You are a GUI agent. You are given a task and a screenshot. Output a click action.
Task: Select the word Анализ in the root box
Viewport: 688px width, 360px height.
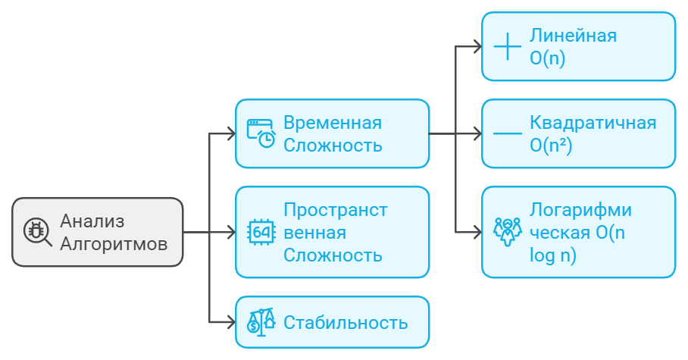coord(92,221)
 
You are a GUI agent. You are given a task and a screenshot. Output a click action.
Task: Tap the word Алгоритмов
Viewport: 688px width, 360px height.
coord(114,244)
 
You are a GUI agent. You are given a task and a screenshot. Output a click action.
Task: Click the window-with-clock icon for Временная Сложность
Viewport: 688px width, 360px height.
coord(261,133)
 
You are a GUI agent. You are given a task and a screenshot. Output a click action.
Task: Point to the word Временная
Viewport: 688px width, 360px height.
coord(333,122)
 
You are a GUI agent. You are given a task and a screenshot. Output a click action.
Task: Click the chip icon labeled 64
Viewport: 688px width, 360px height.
coord(261,232)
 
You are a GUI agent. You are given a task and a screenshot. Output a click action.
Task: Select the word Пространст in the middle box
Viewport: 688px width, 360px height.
coord(336,209)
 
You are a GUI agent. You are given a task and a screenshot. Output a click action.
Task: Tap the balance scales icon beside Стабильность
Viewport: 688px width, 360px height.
coord(261,322)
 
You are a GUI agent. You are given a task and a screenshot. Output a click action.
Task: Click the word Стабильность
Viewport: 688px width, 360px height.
coord(346,322)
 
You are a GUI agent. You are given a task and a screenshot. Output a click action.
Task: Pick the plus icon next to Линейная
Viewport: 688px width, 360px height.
coord(507,46)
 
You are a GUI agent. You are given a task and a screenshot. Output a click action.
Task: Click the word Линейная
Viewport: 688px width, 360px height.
coord(573,36)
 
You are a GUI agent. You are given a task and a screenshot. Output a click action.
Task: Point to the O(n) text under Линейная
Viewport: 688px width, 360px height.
coord(548,58)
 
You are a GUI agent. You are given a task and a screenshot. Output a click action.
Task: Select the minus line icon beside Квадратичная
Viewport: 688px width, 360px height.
coord(507,133)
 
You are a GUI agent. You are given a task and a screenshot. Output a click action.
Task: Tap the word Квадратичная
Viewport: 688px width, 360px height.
coord(593,122)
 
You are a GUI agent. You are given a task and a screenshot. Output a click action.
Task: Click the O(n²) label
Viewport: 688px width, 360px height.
coord(551,145)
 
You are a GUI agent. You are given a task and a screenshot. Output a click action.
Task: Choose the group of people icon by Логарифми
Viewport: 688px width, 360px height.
coord(507,232)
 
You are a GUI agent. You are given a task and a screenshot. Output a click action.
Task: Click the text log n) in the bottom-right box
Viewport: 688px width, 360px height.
coord(553,255)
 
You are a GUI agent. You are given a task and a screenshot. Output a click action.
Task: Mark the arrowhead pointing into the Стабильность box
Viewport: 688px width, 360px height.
coord(230,322)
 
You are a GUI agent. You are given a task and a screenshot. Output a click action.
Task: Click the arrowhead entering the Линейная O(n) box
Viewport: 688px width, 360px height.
coord(477,46)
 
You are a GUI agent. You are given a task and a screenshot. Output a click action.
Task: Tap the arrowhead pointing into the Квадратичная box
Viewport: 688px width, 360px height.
coord(477,133)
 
